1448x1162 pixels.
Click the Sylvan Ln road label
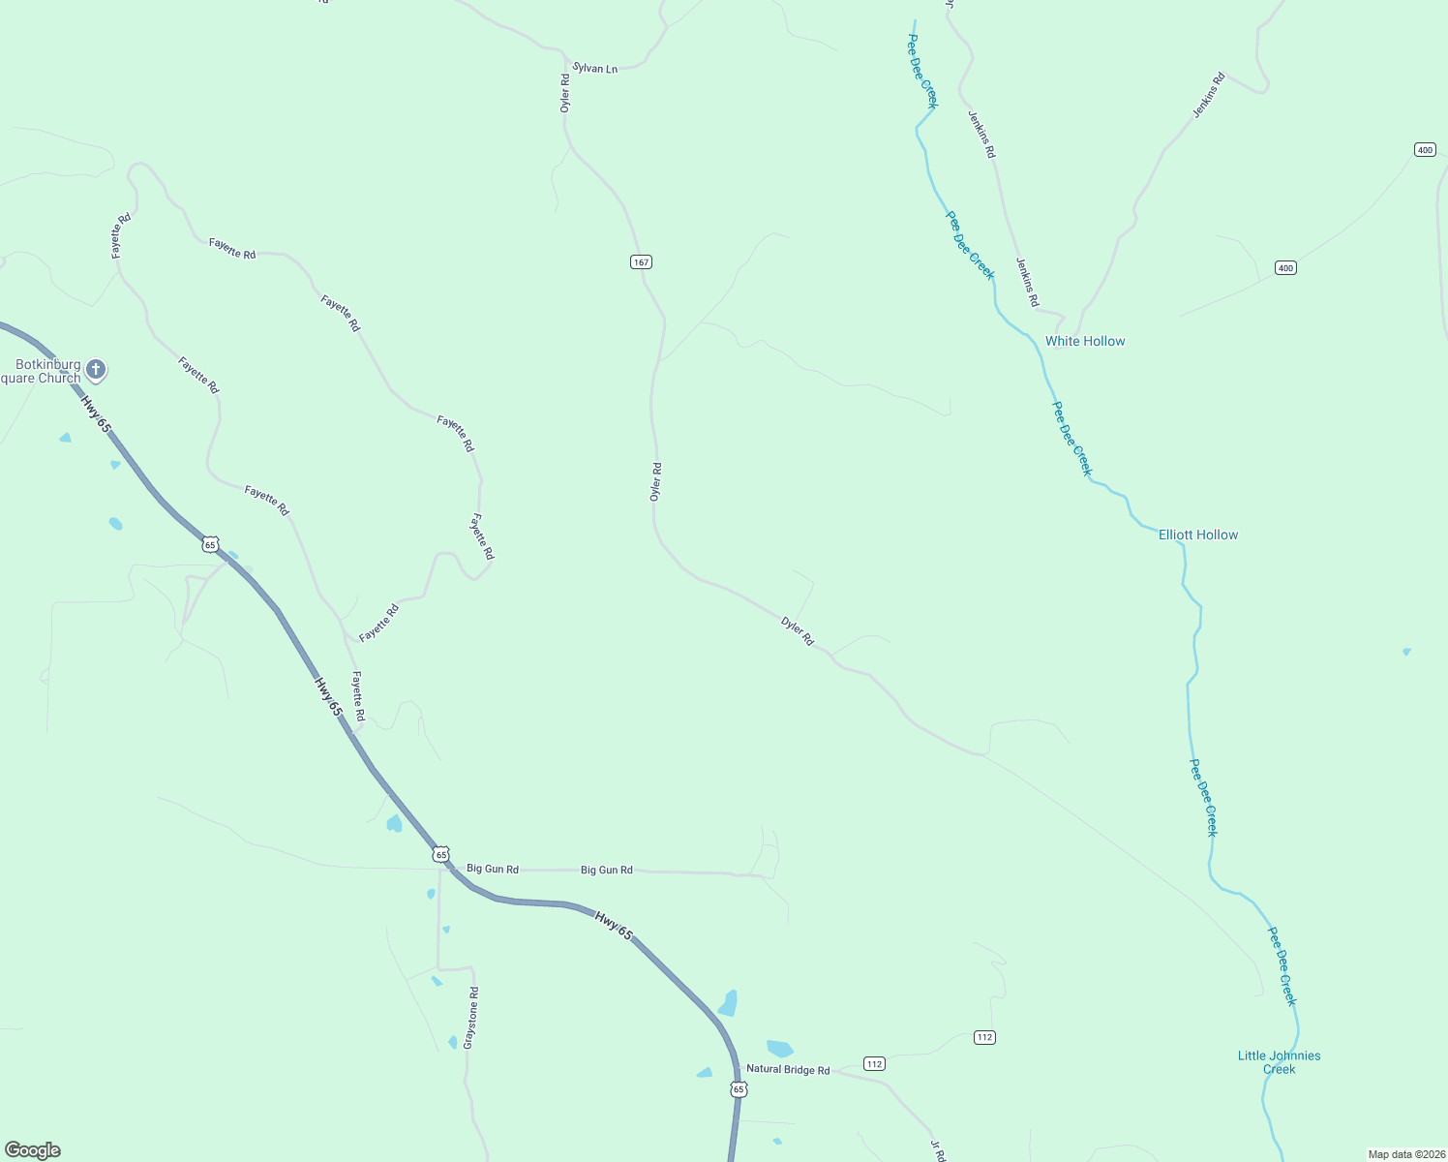(x=594, y=69)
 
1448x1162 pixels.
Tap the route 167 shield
(x=641, y=262)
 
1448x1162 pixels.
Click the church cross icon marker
(x=95, y=368)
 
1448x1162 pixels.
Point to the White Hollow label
(x=1085, y=341)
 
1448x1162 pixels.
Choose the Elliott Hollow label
(x=1198, y=535)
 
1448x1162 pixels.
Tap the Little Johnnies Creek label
(x=1279, y=1062)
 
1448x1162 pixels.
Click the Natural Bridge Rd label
(x=788, y=1070)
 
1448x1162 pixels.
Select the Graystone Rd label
(x=470, y=1018)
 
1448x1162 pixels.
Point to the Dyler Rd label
(x=798, y=631)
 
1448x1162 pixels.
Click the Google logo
(x=33, y=1150)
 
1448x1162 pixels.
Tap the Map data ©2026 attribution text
(x=1406, y=1154)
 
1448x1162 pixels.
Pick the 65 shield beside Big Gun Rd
(x=441, y=854)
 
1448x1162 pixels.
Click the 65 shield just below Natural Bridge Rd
(x=739, y=1089)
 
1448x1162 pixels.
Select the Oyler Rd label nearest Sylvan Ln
(x=565, y=93)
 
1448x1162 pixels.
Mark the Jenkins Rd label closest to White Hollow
(x=1027, y=282)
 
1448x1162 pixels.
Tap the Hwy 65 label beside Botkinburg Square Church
(x=96, y=413)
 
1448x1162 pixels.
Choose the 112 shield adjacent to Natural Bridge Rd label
(x=874, y=1064)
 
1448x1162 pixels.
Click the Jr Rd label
(x=937, y=1150)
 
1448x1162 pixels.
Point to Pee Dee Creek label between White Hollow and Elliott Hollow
(x=1071, y=439)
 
